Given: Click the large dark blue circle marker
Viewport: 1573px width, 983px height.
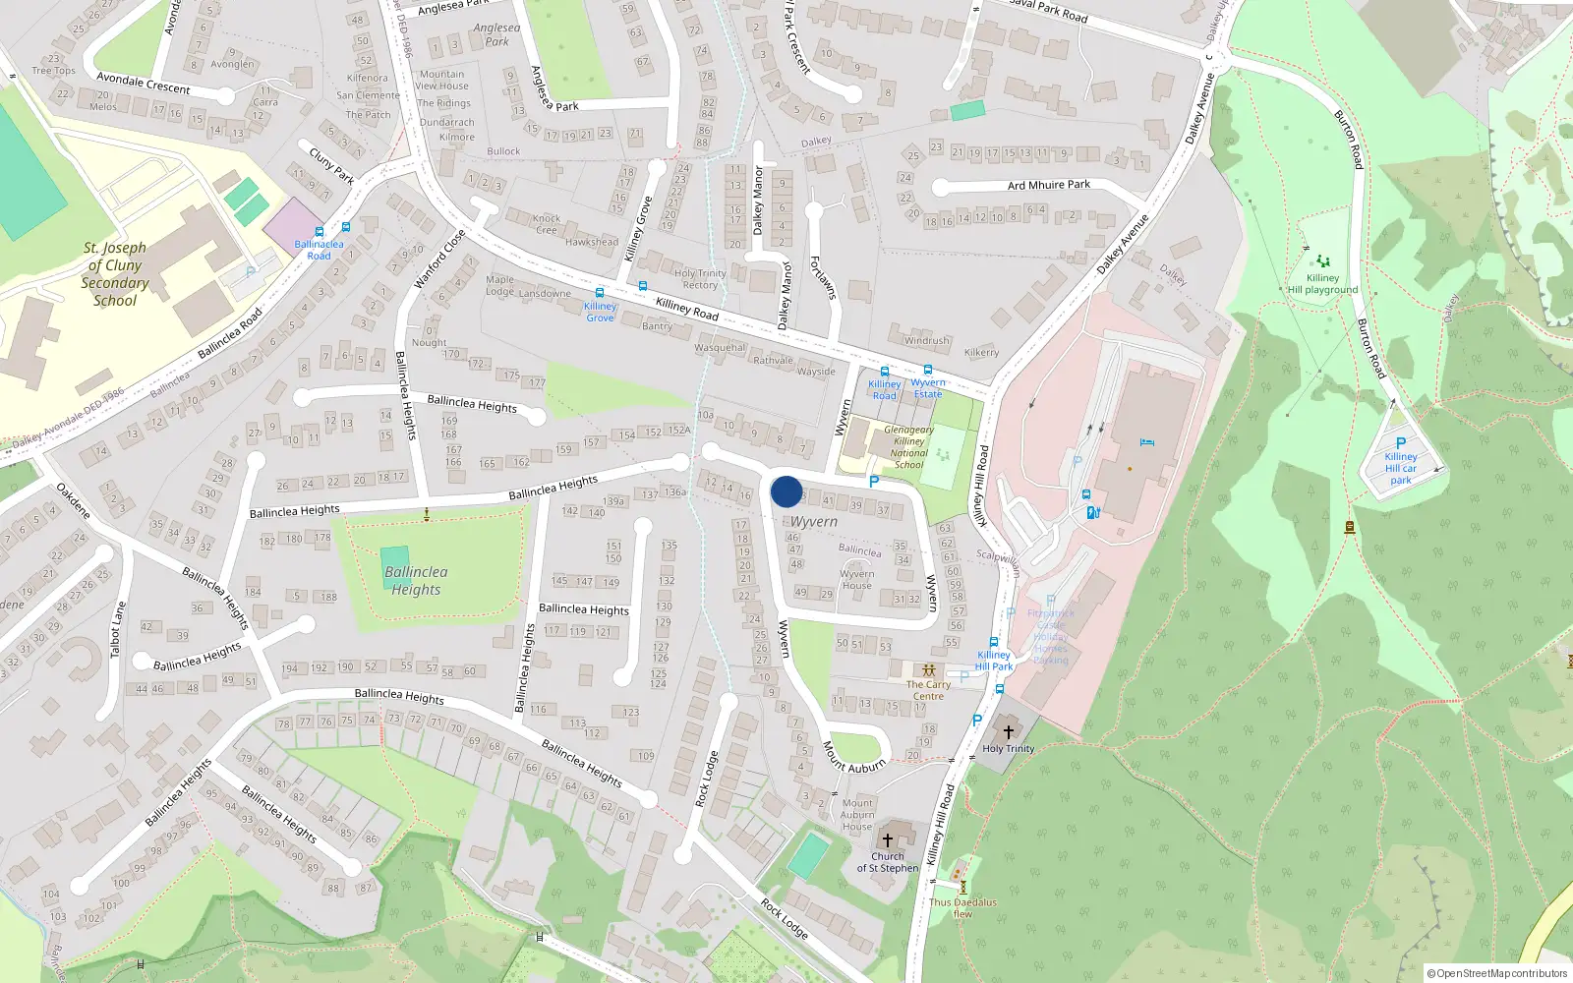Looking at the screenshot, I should click(786, 491).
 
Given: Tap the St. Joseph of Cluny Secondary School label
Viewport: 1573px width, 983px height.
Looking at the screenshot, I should click(115, 274).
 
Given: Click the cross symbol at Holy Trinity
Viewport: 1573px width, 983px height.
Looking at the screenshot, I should click(1008, 732).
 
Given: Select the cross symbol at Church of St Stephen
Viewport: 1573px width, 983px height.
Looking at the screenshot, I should click(887, 840).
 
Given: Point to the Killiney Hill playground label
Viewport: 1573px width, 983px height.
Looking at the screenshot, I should click(1322, 284).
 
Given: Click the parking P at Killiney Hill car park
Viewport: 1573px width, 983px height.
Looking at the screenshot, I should click(1401, 443).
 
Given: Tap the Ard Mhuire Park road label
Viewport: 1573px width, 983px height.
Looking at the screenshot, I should click(1048, 185).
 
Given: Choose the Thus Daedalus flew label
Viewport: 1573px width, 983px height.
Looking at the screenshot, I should click(962, 907).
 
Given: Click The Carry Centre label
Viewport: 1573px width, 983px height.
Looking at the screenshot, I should click(928, 690).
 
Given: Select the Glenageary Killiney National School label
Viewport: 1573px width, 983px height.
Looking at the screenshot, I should click(908, 447).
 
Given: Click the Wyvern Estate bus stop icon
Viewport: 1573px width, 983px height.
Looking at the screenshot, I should click(927, 371).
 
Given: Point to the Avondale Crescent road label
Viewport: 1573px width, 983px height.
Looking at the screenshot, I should click(143, 83).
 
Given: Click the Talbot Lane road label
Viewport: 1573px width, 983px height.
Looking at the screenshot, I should click(118, 629).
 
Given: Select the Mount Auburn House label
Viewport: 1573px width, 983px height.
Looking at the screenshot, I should click(857, 815).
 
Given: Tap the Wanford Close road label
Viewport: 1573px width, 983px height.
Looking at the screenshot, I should click(438, 259).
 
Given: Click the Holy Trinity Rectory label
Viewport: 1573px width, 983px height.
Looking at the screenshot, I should click(700, 279).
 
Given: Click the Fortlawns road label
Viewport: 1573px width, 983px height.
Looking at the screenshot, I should click(822, 277).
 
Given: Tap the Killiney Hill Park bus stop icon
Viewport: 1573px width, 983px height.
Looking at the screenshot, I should click(993, 642).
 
